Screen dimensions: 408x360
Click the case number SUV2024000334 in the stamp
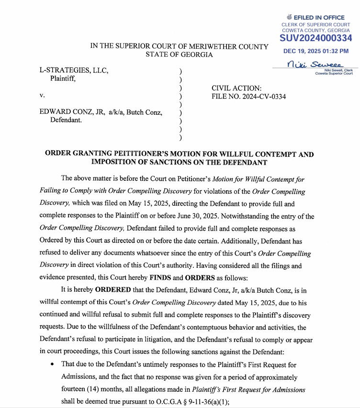316,38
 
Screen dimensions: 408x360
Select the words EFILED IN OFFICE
319,18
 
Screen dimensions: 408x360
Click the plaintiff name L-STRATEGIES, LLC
74,71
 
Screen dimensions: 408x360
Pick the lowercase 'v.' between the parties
42,96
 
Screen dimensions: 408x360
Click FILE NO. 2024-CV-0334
248,97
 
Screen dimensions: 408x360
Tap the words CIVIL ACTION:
236,88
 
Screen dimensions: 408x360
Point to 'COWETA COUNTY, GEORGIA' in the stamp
316,30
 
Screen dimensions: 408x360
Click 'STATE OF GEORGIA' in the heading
180,55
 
